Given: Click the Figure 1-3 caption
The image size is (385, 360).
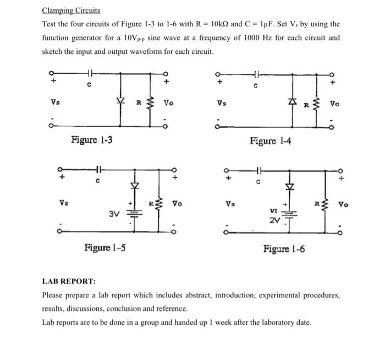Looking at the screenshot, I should [92, 140].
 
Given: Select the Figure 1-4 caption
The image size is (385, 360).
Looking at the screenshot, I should [270, 141].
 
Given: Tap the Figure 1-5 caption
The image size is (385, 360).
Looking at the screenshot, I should [105, 247].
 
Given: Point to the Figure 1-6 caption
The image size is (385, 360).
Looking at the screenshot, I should [284, 249].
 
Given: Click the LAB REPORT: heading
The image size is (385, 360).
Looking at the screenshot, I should [69, 281].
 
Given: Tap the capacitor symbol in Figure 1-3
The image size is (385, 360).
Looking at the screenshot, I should [90, 73].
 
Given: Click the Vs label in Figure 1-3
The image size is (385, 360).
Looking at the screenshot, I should [54, 102].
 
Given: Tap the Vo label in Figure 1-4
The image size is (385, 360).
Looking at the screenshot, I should [335, 102].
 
